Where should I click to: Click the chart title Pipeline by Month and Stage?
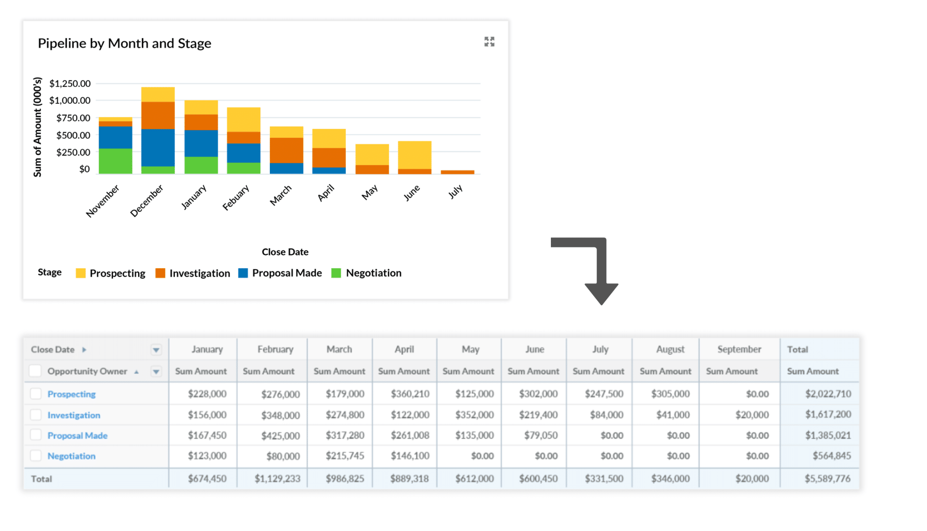125,43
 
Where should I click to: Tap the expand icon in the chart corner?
489,42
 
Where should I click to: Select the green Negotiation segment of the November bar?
115,161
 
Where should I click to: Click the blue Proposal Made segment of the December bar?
158,147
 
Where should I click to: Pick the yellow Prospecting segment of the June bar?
414,155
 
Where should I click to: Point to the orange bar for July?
457,172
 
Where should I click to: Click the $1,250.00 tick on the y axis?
70,84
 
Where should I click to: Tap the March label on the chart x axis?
281,195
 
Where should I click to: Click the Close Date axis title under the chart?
285,252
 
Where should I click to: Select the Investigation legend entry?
193,273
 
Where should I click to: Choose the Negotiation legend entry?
367,273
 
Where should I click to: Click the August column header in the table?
670,349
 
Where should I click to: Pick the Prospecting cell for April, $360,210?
410,394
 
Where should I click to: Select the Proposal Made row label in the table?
77,435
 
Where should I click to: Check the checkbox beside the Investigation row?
36,415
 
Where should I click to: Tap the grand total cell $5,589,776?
828,478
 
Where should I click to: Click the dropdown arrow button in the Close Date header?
156,350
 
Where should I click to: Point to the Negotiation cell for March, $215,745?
345,456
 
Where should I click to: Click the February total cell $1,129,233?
278,478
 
